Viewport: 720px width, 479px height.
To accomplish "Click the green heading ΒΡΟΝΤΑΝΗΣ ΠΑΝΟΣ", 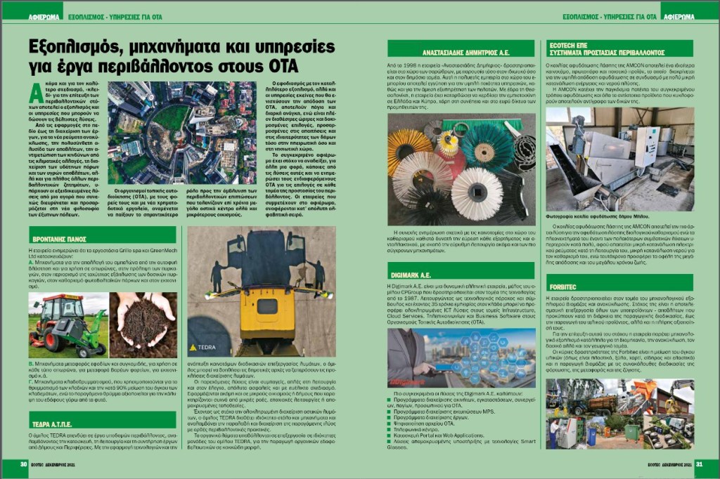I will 74,237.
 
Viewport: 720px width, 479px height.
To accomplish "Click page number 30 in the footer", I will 23,463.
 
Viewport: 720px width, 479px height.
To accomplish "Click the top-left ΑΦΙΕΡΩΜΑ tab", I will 44,15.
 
